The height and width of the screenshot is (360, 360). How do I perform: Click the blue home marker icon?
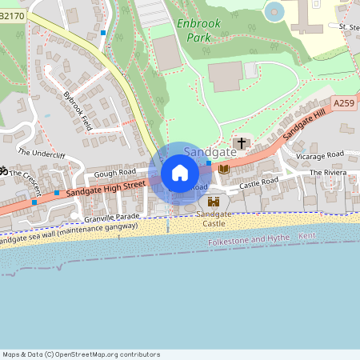coord(180,173)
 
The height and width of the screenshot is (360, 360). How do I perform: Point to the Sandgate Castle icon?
coord(214,202)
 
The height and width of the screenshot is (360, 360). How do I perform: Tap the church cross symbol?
coord(241,143)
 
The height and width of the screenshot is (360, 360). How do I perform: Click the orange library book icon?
coord(224,169)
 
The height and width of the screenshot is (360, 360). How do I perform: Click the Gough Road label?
coord(114,172)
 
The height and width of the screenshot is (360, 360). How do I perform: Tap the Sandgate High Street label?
coord(105,189)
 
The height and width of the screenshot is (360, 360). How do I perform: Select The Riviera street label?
coord(326,172)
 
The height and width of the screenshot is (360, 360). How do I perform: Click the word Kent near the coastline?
coord(307,237)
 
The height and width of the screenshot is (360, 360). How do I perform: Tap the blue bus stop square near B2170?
coord(103,33)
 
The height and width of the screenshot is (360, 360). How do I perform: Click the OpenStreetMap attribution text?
coord(81,354)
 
